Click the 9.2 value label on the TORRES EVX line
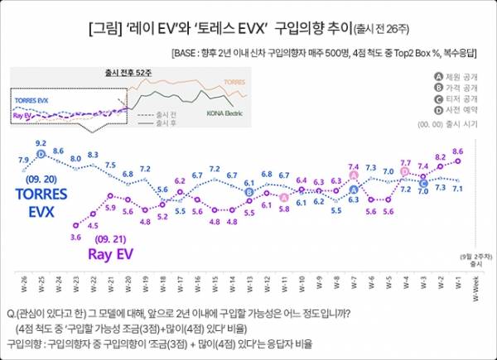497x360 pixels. pyautogui.click(x=40, y=143)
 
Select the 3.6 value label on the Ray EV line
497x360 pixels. pyautogui.click(x=75, y=238)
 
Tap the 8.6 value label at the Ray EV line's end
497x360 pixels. pyautogui.click(x=458, y=151)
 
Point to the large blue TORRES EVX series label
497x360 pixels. pyautogui.click(x=41, y=204)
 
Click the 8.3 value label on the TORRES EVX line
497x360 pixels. pyautogui.click(x=93, y=154)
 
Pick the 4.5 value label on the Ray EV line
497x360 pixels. pyautogui.click(x=93, y=225)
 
